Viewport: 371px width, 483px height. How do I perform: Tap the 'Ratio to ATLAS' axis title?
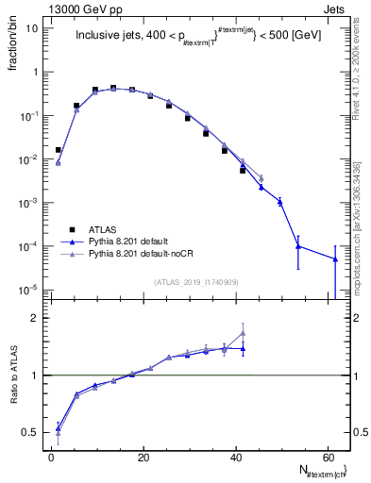(12, 375)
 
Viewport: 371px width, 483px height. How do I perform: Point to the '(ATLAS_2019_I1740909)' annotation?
(195, 281)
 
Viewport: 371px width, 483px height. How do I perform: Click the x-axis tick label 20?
(143, 458)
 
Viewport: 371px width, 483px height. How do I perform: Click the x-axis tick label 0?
(51, 458)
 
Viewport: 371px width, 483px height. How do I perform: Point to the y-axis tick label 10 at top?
(31, 28)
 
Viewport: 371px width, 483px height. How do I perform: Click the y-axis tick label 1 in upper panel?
(35, 72)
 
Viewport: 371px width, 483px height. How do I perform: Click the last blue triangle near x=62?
(335, 259)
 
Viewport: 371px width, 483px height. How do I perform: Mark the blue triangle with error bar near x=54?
(298, 246)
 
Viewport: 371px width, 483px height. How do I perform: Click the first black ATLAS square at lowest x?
(59, 149)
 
